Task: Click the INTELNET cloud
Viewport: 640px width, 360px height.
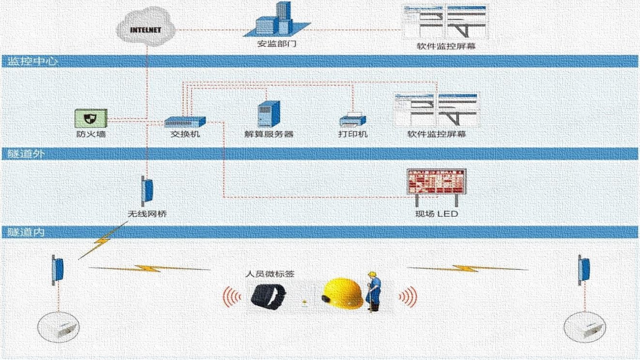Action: tap(145, 28)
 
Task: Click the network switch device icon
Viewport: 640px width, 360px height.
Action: tap(185, 121)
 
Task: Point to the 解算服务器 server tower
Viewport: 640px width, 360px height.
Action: tap(269, 114)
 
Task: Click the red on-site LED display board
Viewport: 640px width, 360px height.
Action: tap(435, 181)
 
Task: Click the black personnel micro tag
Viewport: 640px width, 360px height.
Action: tap(268, 296)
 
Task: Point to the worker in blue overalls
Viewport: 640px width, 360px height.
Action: tap(373, 290)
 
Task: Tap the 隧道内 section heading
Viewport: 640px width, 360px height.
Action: tap(26, 232)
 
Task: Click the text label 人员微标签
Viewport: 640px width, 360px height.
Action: tap(270, 274)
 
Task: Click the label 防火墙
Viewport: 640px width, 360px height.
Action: tap(91, 134)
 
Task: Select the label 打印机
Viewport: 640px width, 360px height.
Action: tap(352, 134)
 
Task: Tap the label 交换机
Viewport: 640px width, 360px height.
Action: tap(185, 134)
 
